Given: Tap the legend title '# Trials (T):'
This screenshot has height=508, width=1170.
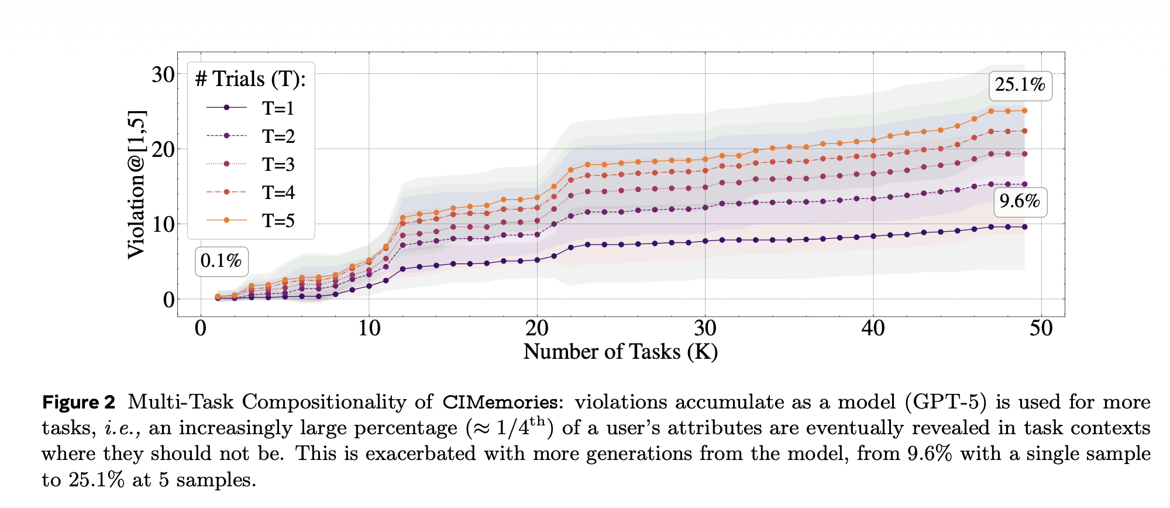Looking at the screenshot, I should click(x=250, y=79).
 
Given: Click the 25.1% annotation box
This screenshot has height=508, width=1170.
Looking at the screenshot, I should click(x=1020, y=85).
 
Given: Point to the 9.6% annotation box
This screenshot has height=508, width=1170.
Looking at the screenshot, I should click(x=1019, y=202).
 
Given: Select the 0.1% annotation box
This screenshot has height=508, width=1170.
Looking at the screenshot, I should click(x=221, y=261).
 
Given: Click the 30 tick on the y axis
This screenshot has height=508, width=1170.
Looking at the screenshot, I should click(x=163, y=75).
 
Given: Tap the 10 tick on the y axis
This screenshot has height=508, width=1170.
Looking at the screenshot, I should click(x=163, y=224).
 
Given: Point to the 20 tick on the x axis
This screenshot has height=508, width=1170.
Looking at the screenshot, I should click(x=536, y=328).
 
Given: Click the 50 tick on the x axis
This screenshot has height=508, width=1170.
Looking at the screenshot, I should click(x=1041, y=328).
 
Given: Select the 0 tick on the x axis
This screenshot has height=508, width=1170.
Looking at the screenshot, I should click(x=201, y=328).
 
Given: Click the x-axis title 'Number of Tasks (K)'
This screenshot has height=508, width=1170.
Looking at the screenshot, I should click(x=620, y=352).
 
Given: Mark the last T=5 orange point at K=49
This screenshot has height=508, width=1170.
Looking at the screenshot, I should click(x=1024, y=111).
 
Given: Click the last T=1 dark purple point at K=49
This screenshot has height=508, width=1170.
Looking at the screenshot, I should click(x=1024, y=226).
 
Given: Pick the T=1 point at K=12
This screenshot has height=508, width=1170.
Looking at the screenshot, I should click(x=402, y=269).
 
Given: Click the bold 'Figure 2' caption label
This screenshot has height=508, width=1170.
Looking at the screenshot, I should click(x=79, y=403).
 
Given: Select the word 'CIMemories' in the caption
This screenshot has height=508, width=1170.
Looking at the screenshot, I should click(x=500, y=403).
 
